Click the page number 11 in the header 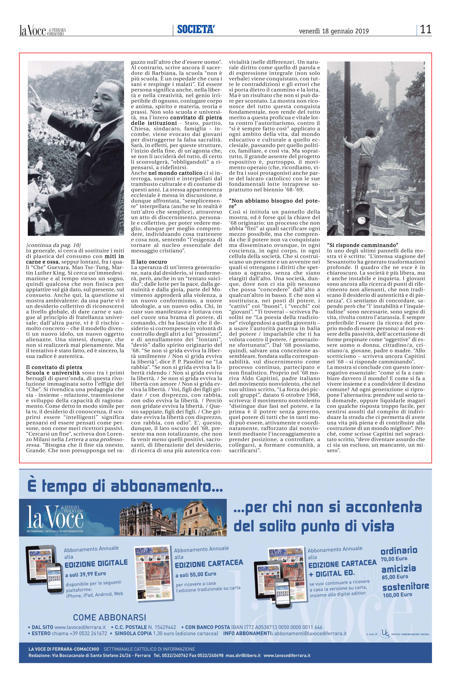pos(426,29)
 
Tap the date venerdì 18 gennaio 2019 pos(334,31)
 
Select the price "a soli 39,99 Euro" pos(86,574)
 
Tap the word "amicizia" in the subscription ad pos(398,569)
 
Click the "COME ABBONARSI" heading pos(109,617)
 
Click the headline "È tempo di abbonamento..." pos(125,487)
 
